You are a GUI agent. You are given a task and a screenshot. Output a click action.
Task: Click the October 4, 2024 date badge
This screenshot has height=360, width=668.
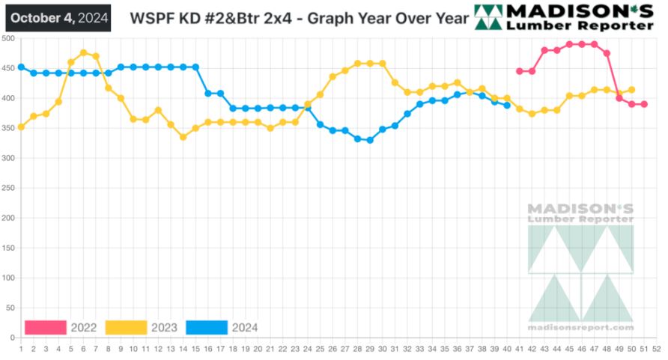pyautogui.click(x=58, y=17)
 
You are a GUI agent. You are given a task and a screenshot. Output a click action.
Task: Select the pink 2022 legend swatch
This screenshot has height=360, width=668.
pyautogui.click(x=46, y=327)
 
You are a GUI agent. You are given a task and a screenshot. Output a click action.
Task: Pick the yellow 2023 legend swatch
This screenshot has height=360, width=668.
pyautogui.click(x=126, y=327)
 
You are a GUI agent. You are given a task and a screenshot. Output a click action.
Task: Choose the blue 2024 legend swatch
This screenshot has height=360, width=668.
pyautogui.click(x=206, y=327)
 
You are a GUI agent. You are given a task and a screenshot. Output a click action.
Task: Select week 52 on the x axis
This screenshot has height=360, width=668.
pyautogui.click(x=656, y=348)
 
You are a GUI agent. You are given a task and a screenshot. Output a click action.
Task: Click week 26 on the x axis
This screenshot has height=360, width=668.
pyautogui.click(x=333, y=348)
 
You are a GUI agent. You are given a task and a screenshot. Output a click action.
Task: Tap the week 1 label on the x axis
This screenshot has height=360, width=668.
pyautogui.click(x=21, y=348)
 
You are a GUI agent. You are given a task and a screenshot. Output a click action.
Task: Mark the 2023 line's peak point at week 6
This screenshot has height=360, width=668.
pyautogui.click(x=83, y=52)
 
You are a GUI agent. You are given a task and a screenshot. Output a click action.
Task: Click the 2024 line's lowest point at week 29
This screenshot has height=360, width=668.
pyautogui.click(x=370, y=140)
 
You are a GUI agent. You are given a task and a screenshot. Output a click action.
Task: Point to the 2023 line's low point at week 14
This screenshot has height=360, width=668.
pyautogui.click(x=183, y=137)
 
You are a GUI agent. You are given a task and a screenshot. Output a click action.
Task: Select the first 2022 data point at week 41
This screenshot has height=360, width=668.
pyautogui.click(x=519, y=71)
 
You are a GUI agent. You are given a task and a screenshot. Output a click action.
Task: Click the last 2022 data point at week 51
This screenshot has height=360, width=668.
pyautogui.click(x=644, y=104)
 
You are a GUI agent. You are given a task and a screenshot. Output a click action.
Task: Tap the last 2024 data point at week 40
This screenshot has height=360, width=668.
pyautogui.click(x=507, y=105)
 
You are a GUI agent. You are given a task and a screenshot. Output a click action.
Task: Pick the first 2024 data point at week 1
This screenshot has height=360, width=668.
pyautogui.click(x=21, y=67)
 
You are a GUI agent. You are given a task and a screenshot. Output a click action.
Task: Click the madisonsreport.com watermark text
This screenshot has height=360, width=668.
pyautogui.click(x=580, y=327)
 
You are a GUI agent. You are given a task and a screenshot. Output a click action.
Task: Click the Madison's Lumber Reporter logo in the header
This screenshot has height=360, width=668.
pyautogui.click(x=565, y=17)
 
